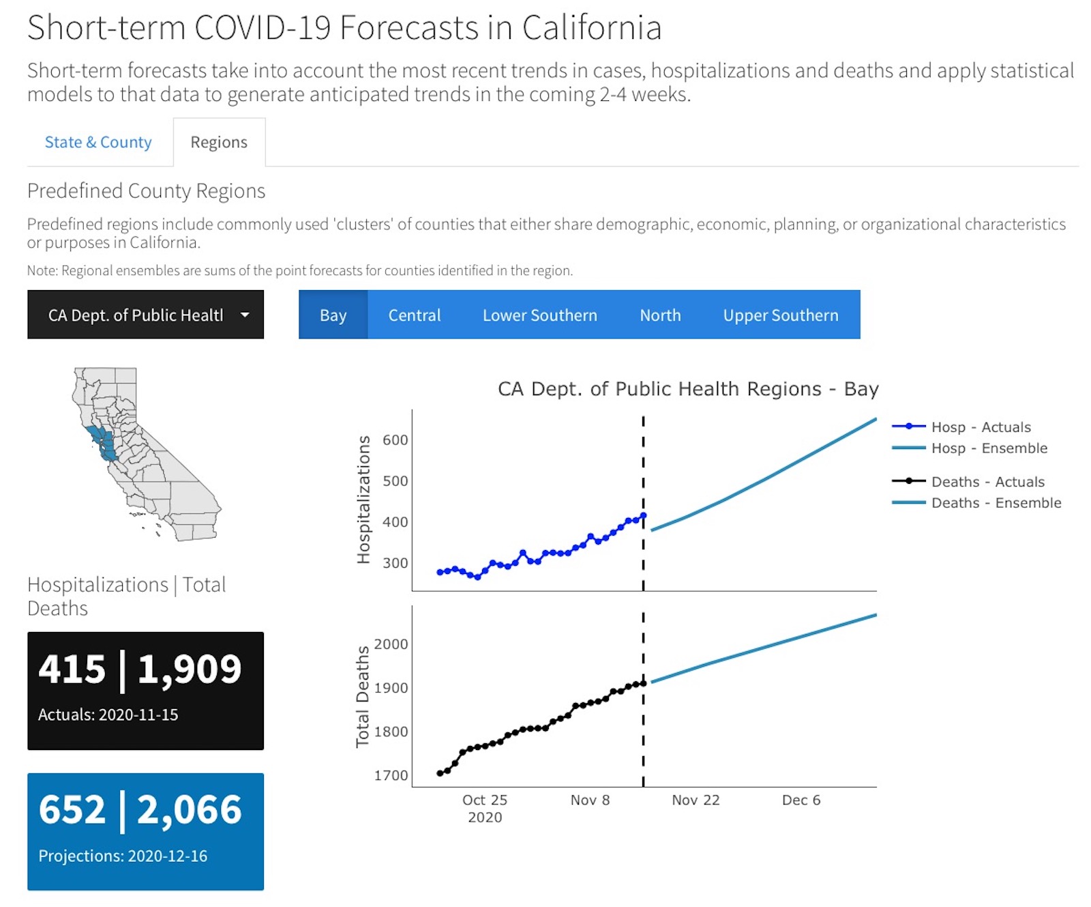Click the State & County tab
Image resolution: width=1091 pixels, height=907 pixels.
coord(98,142)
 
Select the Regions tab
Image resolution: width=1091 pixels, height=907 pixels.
coord(219,142)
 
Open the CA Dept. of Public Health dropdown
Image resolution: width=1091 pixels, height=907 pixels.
coord(145,315)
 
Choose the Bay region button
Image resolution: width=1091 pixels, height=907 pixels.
coord(333,315)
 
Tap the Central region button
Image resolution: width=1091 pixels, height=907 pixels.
coord(415,315)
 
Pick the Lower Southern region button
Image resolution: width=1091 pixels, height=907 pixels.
coord(539,315)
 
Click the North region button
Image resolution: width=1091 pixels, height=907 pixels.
coord(660,315)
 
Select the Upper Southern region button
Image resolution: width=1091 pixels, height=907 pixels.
coord(781,315)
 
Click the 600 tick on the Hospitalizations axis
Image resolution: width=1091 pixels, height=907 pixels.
coord(395,440)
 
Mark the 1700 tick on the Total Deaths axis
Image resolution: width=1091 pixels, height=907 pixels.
coord(391,775)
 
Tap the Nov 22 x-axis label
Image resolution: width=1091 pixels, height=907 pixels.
coord(696,800)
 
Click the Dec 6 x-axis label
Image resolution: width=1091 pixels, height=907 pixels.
coord(801,800)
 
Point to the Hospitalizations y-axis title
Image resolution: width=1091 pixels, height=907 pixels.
coord(363,500)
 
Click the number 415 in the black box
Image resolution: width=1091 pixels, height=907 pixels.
coord(72,669)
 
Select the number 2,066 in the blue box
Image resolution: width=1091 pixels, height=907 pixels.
coord(190,810)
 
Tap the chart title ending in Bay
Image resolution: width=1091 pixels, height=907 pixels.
coord(688,389)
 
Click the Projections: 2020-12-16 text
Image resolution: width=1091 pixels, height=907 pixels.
coord(123,856)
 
